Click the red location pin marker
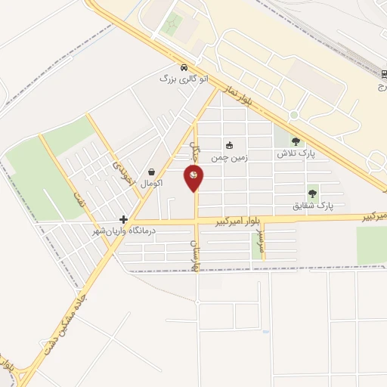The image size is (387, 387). (x=194, y=178)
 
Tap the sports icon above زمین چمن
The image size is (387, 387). (x=229, y=145)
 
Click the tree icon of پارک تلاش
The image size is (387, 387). (x=295, y=141)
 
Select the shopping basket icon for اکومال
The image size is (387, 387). (x=153, y=172)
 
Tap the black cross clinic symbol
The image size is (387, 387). (x=124, y=219)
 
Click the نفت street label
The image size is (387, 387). (x=76, y=201)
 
